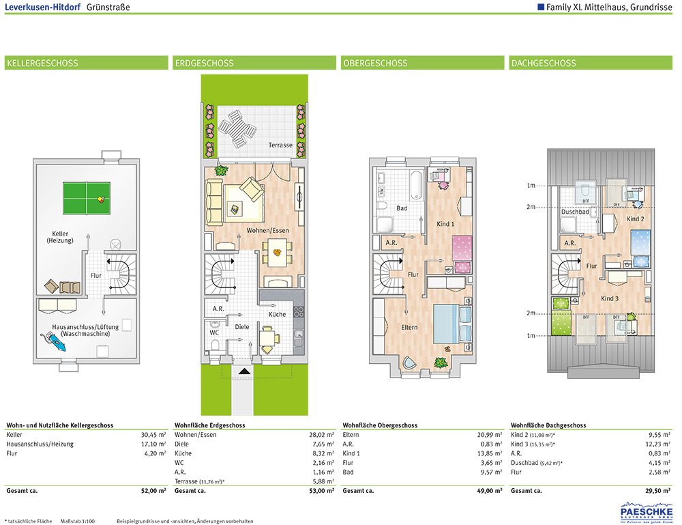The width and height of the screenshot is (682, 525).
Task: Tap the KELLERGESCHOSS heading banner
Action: coord(86,63)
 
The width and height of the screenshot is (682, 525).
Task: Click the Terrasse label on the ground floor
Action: coord(280,145)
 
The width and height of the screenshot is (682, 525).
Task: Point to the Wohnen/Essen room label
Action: coord(267,230)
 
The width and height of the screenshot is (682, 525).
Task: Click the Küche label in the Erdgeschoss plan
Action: coord(277,314)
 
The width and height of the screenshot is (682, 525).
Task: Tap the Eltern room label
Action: coord(409,327)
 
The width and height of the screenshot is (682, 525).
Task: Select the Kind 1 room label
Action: coord(445,224)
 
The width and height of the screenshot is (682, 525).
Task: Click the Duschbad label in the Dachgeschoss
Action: coord(574,212)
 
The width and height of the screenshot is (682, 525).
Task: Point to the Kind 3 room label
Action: coord(609,298)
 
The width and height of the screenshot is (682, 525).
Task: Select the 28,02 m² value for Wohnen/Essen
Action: coord(321,434)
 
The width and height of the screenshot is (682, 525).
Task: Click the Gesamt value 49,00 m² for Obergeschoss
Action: coord(488,491)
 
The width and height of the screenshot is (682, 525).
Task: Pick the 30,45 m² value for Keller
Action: coord(152,434)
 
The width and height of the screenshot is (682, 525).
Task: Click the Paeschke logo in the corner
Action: coord(644,511)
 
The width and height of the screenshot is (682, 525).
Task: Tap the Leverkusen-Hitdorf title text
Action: coord(42,8)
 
